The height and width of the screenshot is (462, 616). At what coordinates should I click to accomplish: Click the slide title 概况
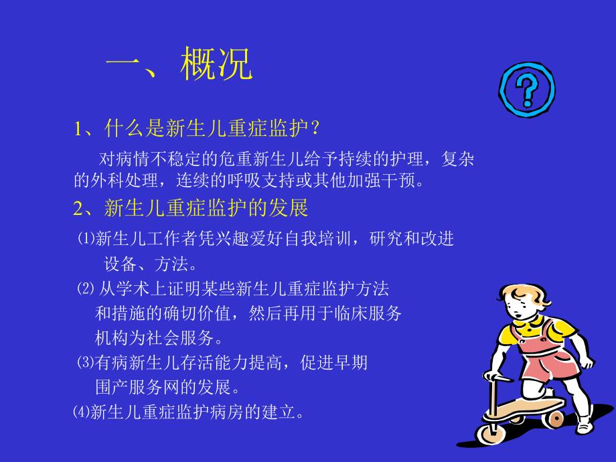pos(216,65)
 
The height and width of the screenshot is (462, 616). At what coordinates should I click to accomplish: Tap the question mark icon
pos(527,89)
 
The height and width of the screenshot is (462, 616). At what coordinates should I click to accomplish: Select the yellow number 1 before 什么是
pos(78,128)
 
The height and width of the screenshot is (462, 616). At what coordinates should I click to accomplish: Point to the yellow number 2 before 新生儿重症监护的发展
pos(78,208)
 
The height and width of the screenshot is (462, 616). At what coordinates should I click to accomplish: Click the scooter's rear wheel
pos(555,418)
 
